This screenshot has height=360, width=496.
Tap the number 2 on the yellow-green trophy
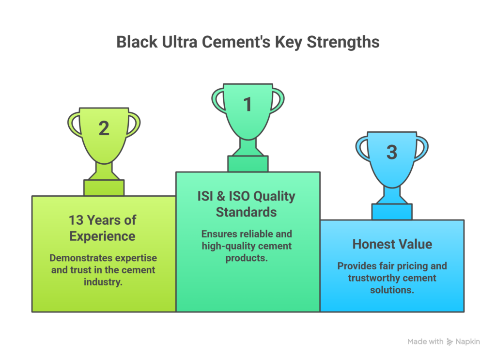pyautogui.click(x=104, y=128)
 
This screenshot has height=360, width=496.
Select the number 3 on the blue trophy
pyautogui.click(x=392, y=152)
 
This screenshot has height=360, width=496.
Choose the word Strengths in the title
pyautogui.click(x=339, y=42)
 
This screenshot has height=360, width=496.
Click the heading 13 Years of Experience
pyautogui.click(x=103, y=228)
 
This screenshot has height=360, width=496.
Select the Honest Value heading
pyautogui.click(x=392, y=244)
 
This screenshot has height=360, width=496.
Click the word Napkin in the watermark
pyautogui.click(x=467, y=342)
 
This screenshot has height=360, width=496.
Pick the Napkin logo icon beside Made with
pyautogui.click(x=450, y=342)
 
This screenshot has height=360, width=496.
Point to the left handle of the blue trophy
pyautogui.click(x=360, y=148)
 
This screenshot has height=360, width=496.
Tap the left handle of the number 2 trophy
pyautogui.click(x=74, y=124)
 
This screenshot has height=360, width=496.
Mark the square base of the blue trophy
pyautogui.click(x=392, y=212)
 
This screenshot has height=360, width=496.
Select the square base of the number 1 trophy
pyautogui.click(x=248, y=164)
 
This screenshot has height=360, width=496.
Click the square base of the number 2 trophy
pyautogui.click(x=104, y=188)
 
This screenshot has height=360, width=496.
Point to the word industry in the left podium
pyautogui.click(x=103, y=282)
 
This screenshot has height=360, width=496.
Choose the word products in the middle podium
pyautogui.click(x=247, y=258)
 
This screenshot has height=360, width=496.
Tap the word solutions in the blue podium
pyautogui.click(x=392, y=289)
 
